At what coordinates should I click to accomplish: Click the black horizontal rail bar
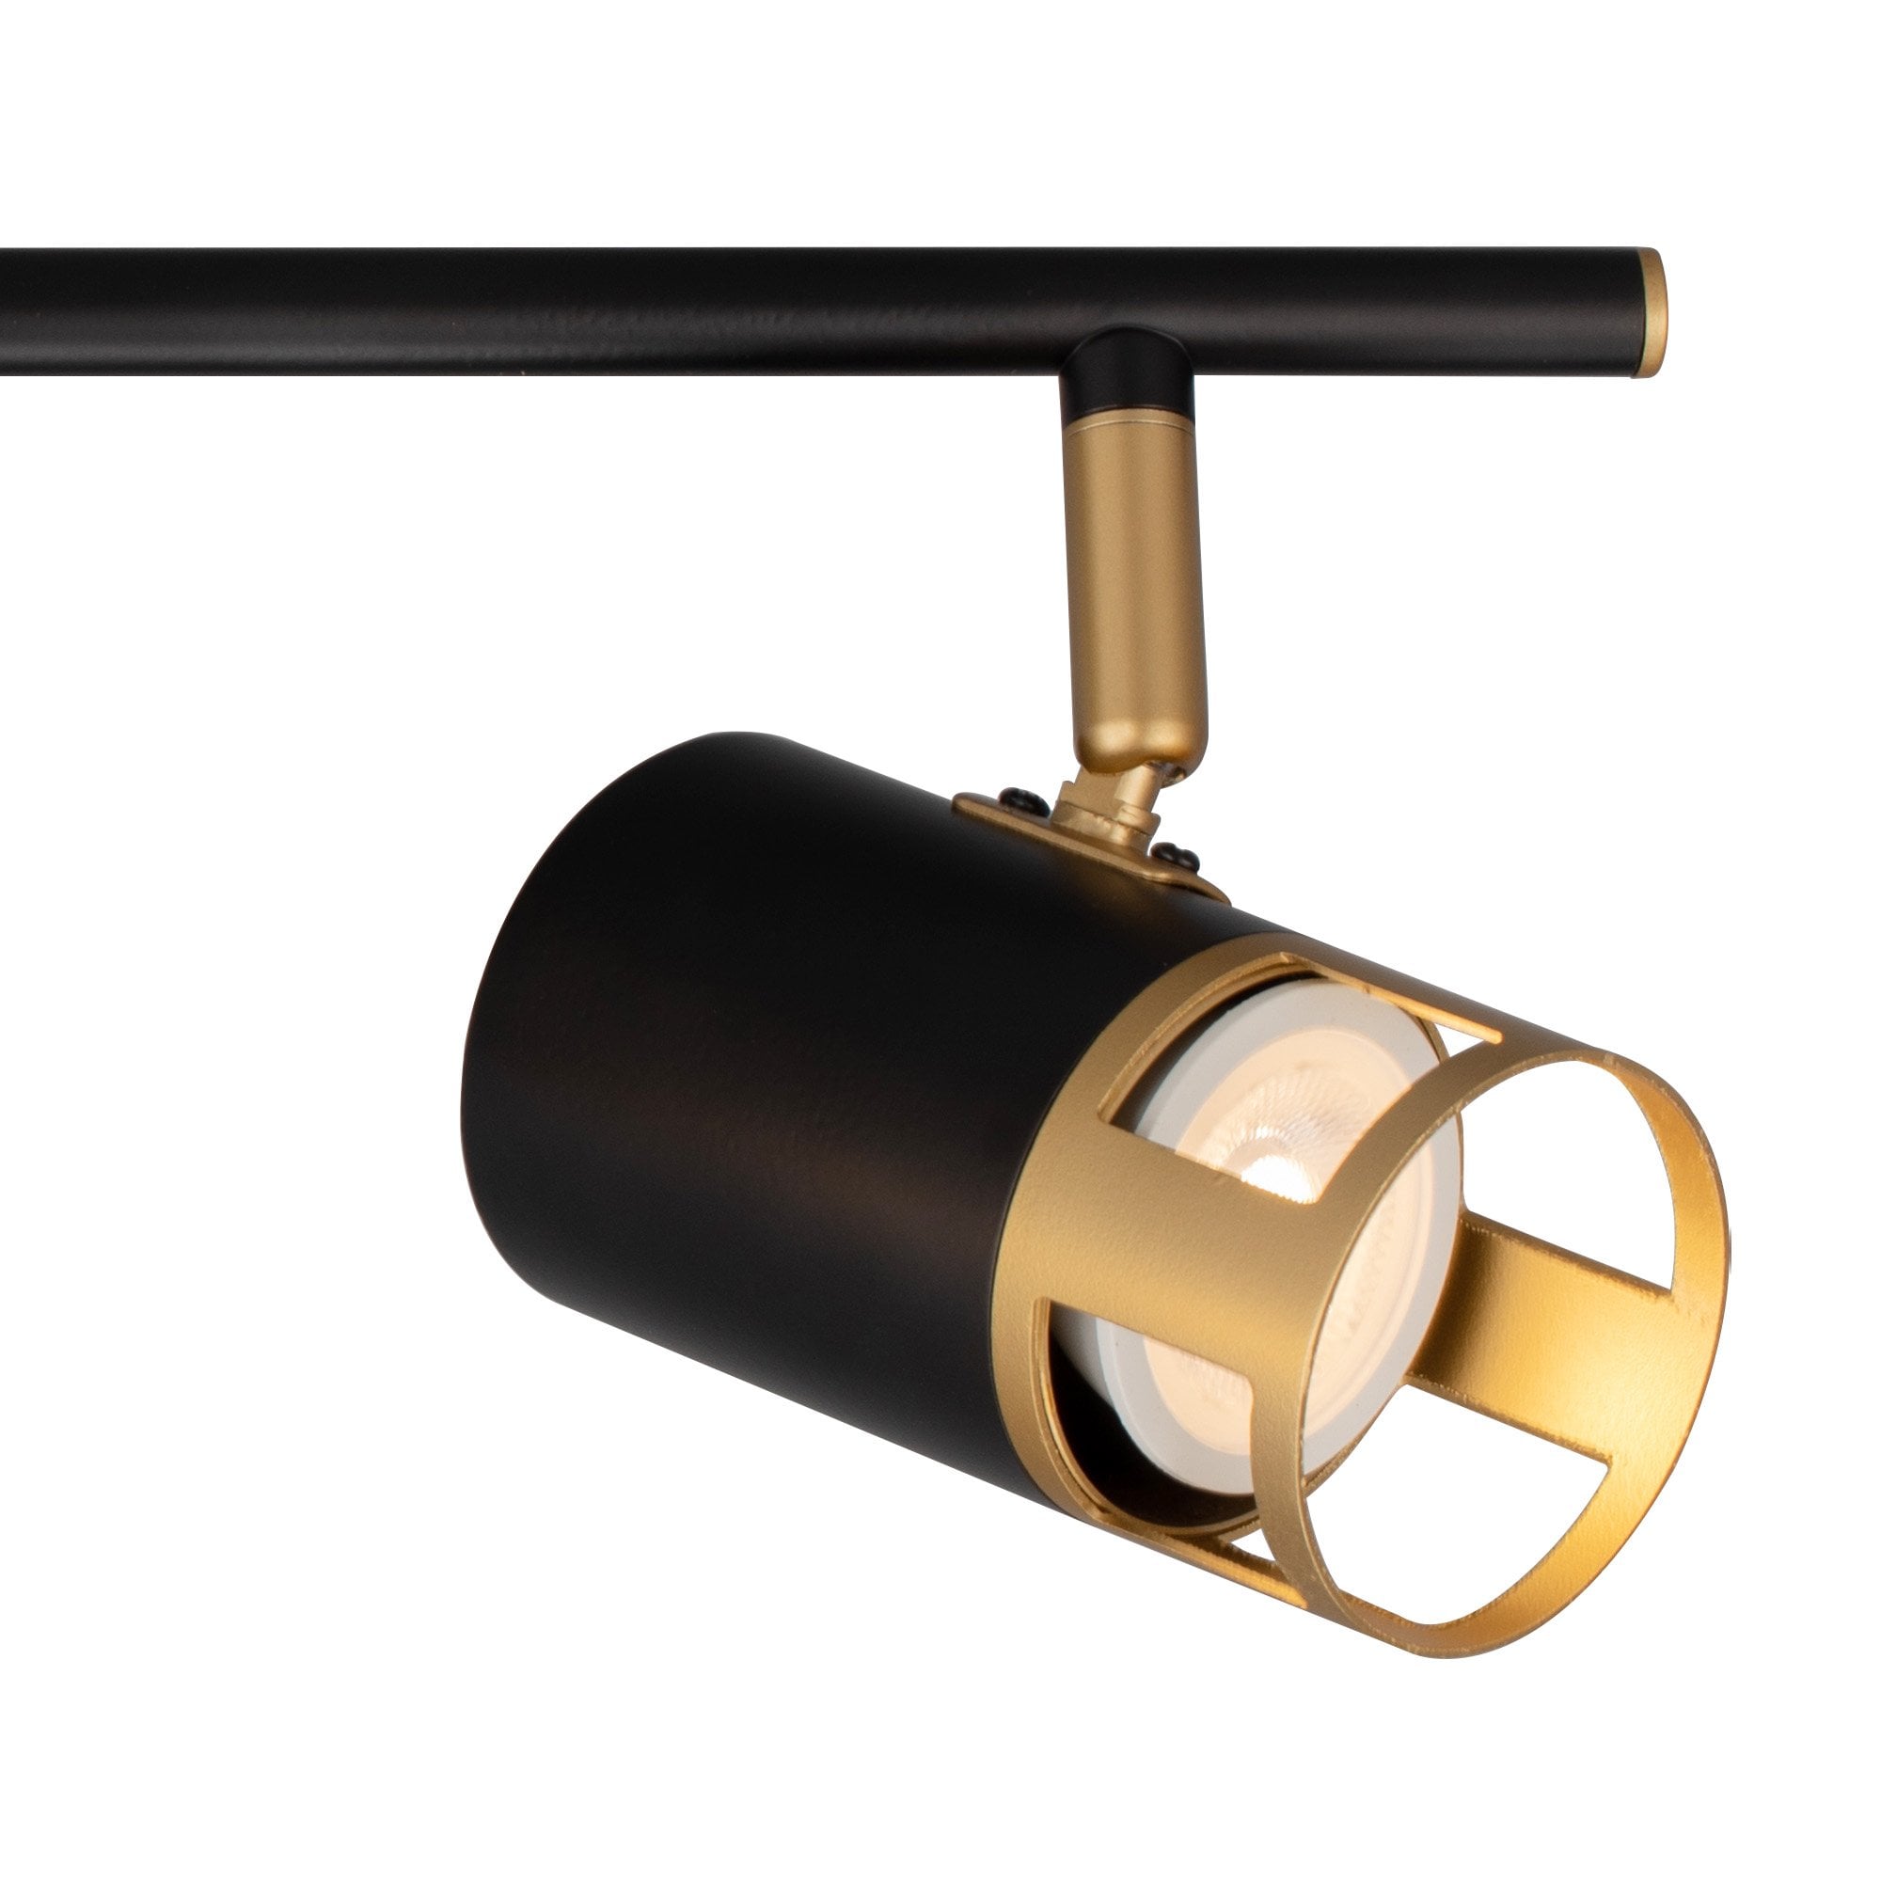[x=682, y=309]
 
